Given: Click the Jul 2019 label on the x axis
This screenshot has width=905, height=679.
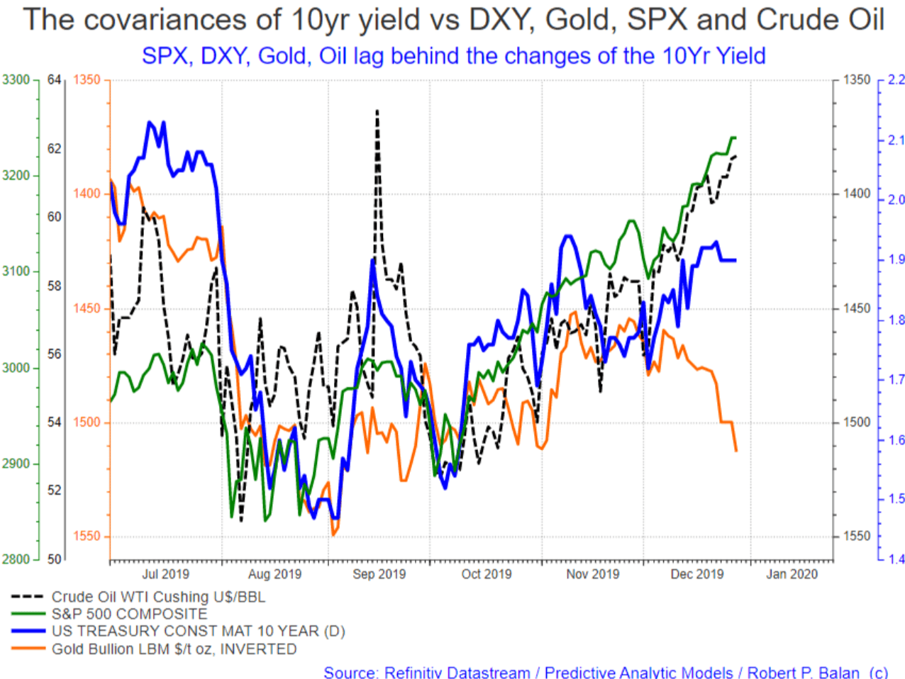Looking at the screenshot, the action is click(x=165, y=574).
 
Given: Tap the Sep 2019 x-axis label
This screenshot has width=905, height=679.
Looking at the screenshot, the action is click(x=379, y=574).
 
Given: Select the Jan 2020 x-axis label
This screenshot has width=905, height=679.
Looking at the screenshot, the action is click(x=792, y=574).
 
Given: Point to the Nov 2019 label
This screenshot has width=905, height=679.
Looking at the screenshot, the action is click(x=592, y=574).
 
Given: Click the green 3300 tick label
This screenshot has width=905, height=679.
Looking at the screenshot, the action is click(x=16, y=79).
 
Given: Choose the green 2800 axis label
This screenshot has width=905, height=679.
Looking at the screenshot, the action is click(x=16, y=559).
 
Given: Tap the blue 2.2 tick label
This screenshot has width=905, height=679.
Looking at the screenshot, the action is click(x=896, y=79).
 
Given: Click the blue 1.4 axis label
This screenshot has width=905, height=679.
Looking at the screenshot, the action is click(x=896, y=559).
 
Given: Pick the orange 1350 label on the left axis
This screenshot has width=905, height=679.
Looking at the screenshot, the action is click(x=87, y=79).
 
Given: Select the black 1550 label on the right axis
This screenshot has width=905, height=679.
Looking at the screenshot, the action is click(x=856, y=536).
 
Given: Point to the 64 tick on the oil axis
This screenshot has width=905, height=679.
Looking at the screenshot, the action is click(x=54, y=79).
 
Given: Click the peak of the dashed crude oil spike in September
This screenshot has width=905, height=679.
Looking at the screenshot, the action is click(x=377, y=111).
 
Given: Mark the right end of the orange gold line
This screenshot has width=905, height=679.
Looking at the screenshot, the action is click(x=736, y=451).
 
